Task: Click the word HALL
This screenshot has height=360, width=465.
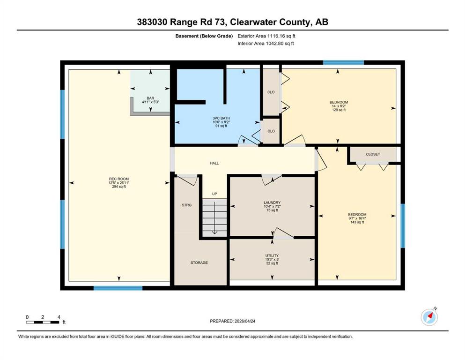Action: tap(214, 163)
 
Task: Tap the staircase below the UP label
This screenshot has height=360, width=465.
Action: tap(214, 217)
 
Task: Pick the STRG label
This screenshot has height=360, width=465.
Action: tap(186, 205)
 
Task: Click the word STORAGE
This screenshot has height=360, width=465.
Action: tap(199, 262)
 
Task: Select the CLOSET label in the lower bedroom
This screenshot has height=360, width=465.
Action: tap(373, 154)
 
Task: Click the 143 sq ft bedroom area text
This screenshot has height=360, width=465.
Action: tap(357, 222)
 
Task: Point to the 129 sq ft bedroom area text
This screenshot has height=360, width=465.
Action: tap(339, 110)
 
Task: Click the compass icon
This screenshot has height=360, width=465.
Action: tap(429, 317)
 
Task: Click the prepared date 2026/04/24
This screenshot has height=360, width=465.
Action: tap(244, 321)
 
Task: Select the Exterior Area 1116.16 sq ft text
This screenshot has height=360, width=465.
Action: tap(266, 36)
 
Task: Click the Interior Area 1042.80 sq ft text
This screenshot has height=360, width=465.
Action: tap(266, 43)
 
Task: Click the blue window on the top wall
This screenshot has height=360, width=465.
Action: tap(343, 62)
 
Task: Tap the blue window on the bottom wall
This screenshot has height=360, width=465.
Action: tap(118, 288)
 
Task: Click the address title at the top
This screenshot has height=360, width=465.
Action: tap(232, 22)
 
